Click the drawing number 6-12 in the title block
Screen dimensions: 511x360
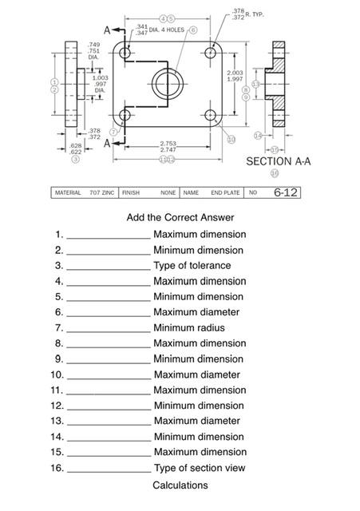[285, 192]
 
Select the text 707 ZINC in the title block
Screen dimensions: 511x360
[102, 193]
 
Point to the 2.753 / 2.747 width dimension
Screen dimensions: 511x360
[168, 147]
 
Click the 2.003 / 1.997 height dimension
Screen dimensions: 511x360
[235, 76]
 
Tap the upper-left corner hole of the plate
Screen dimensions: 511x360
[125, 51]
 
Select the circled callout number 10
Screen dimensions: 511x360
[231, 139]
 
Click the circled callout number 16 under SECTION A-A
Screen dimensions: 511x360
[275, 172]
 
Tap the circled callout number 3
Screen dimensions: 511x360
[75, 159]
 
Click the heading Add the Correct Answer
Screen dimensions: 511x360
[180, 217]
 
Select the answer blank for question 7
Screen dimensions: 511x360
[108, 328]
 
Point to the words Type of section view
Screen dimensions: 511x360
[200, 468]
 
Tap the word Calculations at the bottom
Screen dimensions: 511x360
[180, 485]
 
